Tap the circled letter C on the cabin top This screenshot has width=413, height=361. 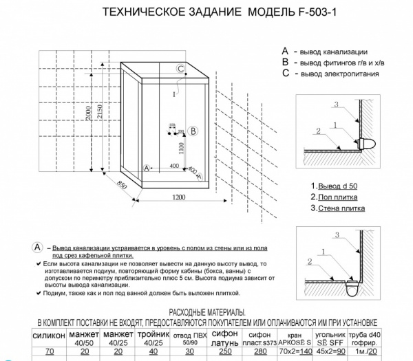click(x=180, y=69)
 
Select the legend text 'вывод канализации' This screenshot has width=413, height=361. click(x=333, y=52)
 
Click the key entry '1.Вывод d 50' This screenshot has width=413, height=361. click(x=334, y=186)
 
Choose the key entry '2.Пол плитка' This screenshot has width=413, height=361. click(x=333, y=197)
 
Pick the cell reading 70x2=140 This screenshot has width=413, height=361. click(x=295, y=351)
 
